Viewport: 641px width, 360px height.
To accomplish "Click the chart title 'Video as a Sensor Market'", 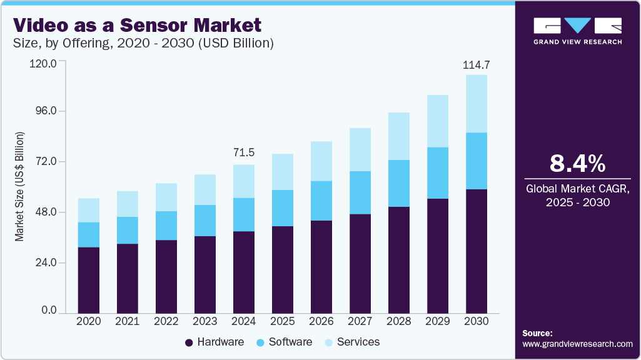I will click(136, 26).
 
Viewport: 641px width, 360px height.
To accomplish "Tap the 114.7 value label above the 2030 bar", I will click(475, 65).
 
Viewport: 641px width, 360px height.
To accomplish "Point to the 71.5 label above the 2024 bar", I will click(243, 153).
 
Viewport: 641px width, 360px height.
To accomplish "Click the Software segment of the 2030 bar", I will click(477, 161).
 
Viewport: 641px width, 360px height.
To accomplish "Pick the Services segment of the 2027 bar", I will click(360, 149).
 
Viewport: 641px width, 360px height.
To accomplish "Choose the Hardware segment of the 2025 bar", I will click(283, 269).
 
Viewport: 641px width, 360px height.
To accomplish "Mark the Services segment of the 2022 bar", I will click(166, 197).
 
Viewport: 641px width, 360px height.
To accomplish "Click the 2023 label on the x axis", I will click(205, 321).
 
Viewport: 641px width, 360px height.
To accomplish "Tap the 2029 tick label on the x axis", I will click(438, 321).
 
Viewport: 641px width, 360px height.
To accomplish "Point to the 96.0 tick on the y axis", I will click(44, 111).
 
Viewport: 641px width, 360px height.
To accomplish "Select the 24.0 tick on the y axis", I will click(44, 263).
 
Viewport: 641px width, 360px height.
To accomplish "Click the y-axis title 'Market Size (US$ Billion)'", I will click(19, 187).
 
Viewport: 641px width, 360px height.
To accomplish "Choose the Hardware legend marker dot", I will click(189, 342).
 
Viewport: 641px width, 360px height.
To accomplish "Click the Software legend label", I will click(290, 342).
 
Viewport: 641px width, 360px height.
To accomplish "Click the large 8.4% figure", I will click(577, 164).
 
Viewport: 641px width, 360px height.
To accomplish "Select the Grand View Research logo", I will click(577, 31).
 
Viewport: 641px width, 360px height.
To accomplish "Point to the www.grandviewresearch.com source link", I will click(577, 344).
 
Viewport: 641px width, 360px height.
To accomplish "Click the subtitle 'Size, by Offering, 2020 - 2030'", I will click(143, 44).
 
